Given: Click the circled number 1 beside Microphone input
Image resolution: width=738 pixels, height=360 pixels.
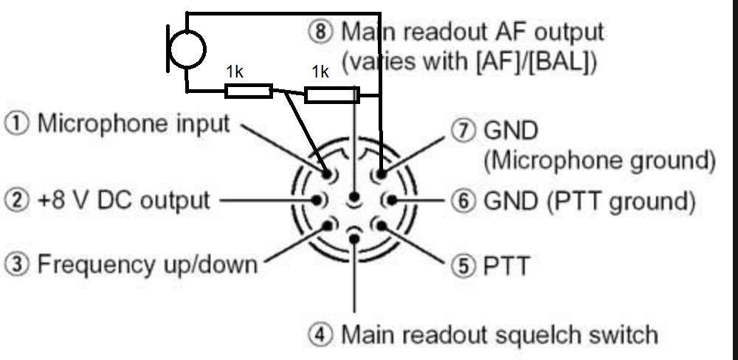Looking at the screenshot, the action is tap(17, 123).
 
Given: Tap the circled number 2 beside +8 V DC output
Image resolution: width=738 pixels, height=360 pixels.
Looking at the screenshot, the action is tap(17, 200).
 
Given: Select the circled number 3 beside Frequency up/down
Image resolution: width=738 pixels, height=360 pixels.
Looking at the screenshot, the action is tap(17, 264).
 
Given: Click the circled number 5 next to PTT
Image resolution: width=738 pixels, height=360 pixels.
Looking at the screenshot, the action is tap(463, 266).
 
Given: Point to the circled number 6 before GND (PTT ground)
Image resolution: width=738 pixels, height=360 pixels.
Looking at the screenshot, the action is tap(463, 201).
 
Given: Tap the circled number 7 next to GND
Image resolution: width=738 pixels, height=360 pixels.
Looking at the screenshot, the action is tap(463, 131).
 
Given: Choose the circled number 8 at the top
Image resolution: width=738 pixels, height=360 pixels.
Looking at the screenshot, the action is tap(320, 32).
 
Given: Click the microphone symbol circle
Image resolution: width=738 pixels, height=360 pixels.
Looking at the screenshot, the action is tap(187, 49).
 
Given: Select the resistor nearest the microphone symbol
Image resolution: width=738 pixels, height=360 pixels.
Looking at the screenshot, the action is tap(249, 91).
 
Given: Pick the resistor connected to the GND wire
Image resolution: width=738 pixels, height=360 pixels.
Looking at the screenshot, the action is tap(332, 94).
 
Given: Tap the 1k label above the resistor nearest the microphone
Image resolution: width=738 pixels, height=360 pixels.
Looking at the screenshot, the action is tap(235, 72).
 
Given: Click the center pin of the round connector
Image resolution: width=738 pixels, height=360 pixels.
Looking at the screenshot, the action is tap(354, 197).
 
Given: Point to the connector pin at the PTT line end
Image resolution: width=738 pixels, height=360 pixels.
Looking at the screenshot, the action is tap(381, 226).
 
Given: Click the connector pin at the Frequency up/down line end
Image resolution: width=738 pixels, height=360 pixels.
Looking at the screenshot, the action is tap(328, 226).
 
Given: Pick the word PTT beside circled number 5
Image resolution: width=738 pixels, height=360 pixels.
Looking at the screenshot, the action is tap(506, 266).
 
